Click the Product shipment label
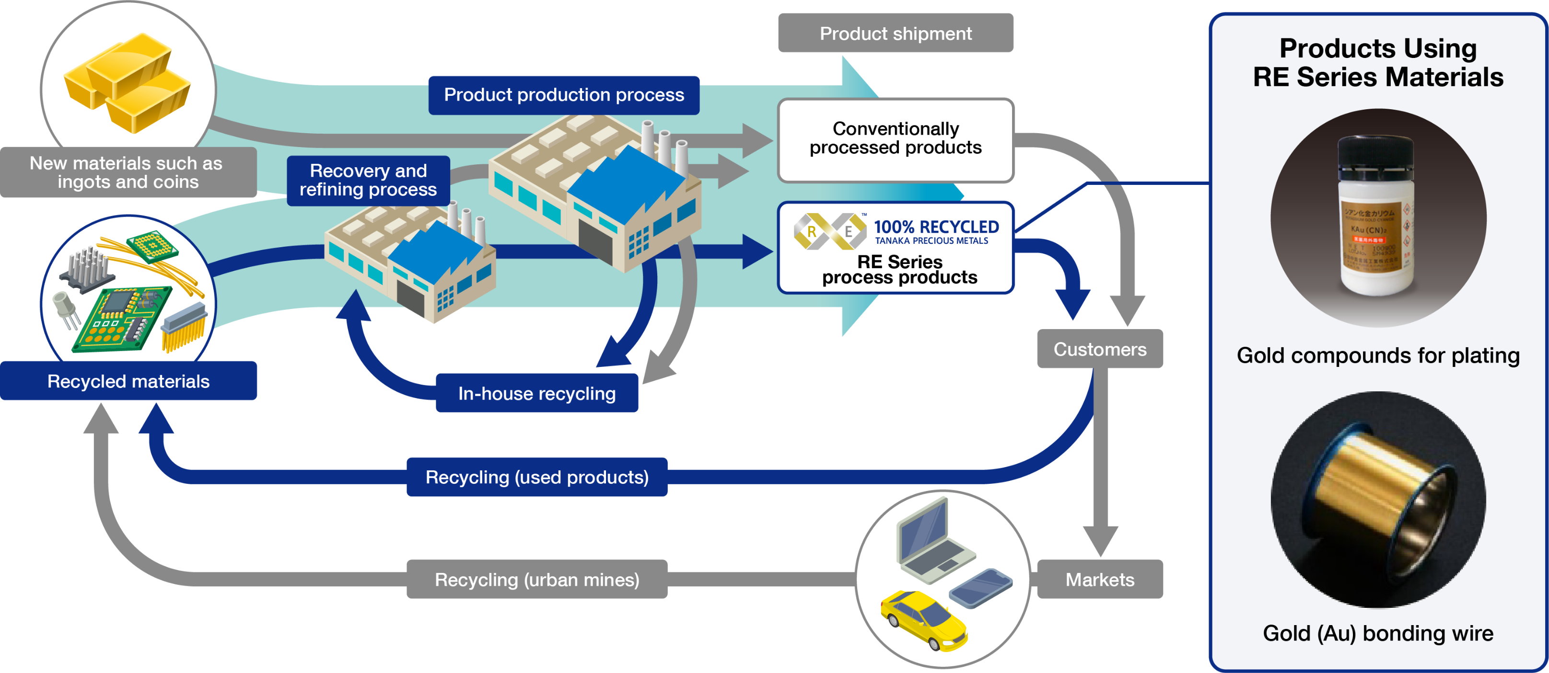pos(896,33)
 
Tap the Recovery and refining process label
pos(368,180)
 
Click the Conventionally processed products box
pos(896,139)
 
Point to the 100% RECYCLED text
pos(936,227)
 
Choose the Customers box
pos(1099,349)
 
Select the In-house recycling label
pos(536,394)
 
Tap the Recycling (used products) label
pos(536,477)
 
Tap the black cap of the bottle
pos(1375,154)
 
